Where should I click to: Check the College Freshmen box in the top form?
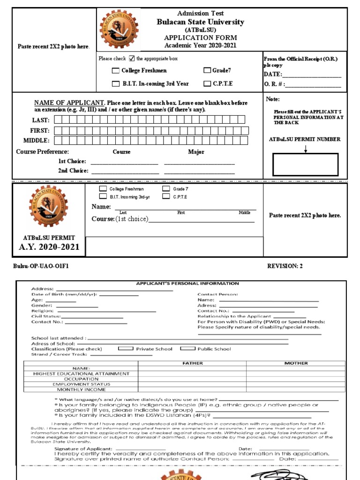[115, 71]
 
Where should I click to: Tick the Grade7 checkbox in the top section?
[207, 70]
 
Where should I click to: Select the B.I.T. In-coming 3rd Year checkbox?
[115, 84]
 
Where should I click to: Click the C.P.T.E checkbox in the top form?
[207, 84]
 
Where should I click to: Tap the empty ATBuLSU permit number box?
[305, 165]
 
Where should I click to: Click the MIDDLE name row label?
[36, 140]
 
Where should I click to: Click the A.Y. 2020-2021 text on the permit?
[49, 247]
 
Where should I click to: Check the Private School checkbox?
[125, 349]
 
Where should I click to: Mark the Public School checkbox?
[187, 349]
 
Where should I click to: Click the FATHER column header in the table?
[192, 363]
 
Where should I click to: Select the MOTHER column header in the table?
[296, 363]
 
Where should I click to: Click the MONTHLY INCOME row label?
[81, 389]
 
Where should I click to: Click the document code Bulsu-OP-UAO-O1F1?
[41, 266]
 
